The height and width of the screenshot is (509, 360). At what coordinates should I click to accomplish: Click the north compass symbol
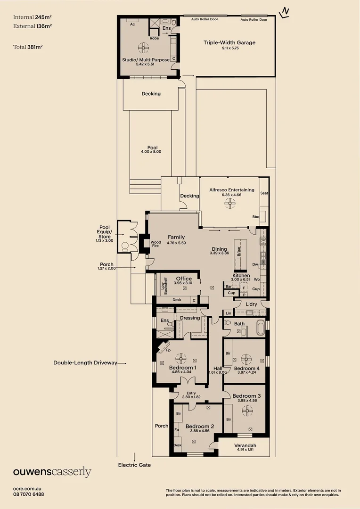[285, 13]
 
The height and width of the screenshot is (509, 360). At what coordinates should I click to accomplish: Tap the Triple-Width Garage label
[229, 42]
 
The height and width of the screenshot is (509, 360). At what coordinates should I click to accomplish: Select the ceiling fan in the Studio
[143, 48]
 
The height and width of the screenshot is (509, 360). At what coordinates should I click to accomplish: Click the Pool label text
[152, 148]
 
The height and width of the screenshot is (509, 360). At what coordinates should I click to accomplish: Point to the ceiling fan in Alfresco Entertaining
[230, 204]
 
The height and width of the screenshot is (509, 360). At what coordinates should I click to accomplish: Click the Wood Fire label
[156, 244]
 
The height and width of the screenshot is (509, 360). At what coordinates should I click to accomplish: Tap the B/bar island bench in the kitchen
[240, 255]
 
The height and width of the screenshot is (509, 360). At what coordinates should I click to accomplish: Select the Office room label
[184, 279]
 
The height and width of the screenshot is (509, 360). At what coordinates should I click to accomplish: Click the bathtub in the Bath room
[261, 328]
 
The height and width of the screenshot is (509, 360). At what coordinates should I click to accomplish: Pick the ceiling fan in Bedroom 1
[181, 359]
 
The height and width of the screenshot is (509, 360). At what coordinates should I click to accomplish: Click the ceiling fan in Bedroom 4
[246, 359]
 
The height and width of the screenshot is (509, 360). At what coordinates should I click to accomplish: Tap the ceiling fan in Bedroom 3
[247, 411]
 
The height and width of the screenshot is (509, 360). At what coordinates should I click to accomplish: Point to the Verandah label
[245, 445]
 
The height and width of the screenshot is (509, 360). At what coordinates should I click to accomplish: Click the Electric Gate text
[134, 465]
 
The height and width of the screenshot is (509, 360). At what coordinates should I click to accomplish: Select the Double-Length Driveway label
[85, 362]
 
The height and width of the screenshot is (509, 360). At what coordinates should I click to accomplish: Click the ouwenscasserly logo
[52, 472]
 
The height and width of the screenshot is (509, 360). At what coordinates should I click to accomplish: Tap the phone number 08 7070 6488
[29, 494]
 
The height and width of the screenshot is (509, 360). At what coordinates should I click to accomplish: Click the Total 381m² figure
[28, 47]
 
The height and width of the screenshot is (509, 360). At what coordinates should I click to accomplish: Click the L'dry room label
[251, 304]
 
